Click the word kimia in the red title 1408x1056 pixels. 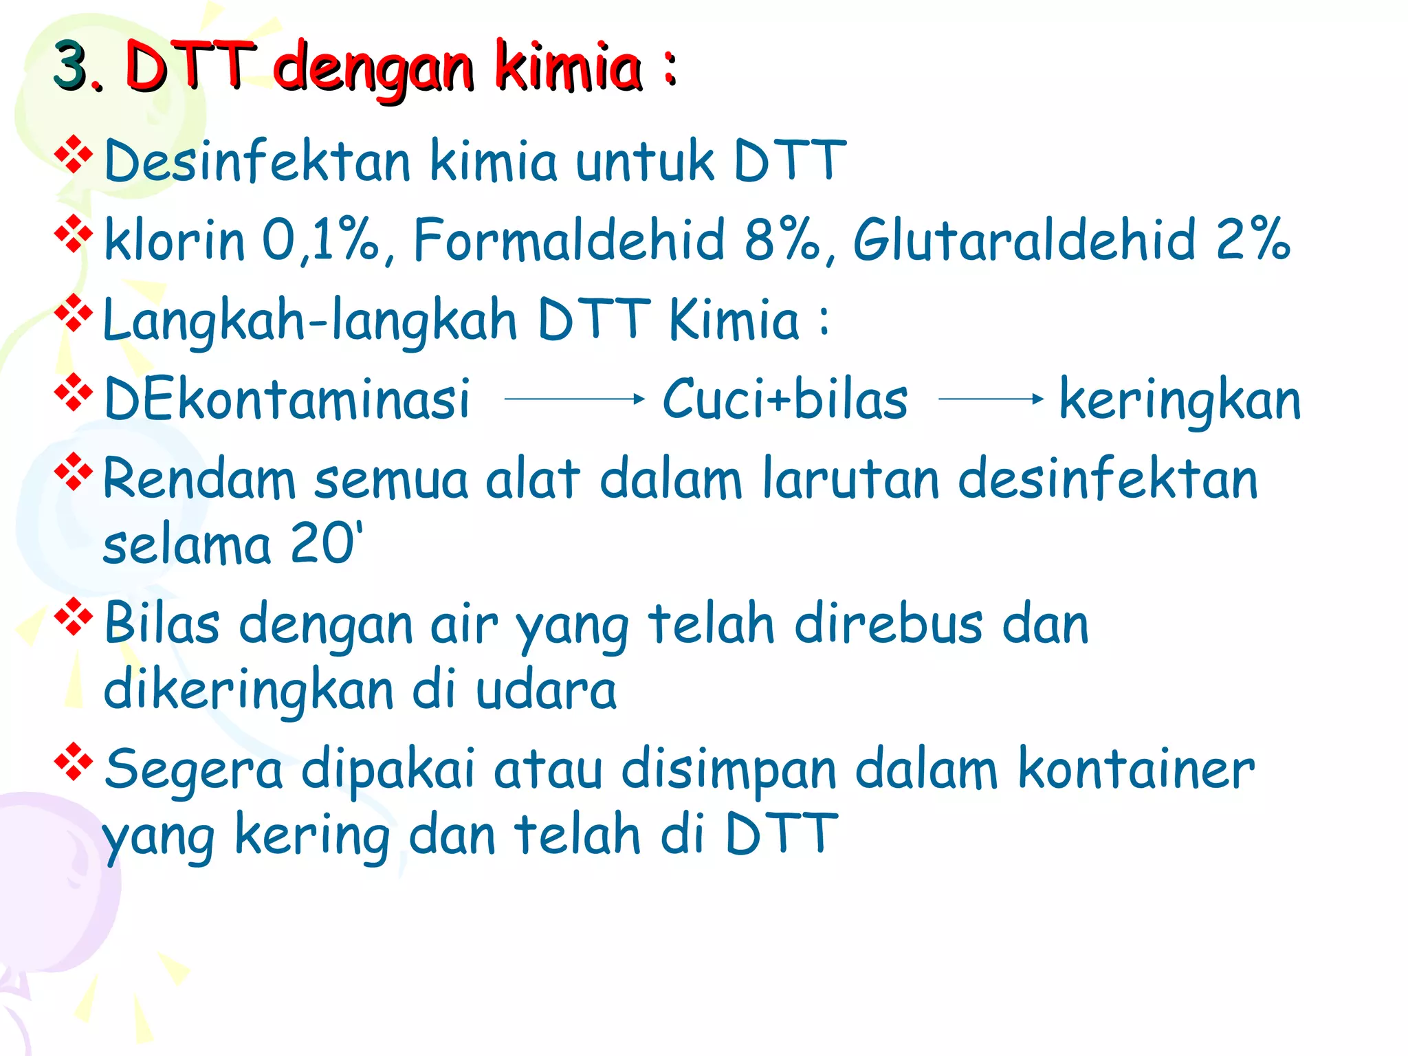pyautogui.click(x=569, y=66)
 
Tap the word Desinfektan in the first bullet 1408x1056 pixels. pyautogui.click(x=257, y=162)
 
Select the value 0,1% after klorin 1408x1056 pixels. pyautogui.click(x=320, y=240)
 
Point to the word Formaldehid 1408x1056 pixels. pyautogui.click(x=569, y=240)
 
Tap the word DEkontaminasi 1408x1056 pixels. pyautogui.click(x=287, y=399)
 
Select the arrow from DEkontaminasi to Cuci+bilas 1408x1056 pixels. pyautogui.click(x=574, y=399)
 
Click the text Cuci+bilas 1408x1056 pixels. pyautogui.click(x=784, y=399)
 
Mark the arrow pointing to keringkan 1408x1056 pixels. pyautogui.click(x=991, y=399)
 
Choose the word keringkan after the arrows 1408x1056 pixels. pyautogui.click(x=1180, y=399)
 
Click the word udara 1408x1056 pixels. pyautogui.click(x=546, y=690)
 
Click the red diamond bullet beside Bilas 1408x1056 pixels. pyautogui.click(x=74, y=616)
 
